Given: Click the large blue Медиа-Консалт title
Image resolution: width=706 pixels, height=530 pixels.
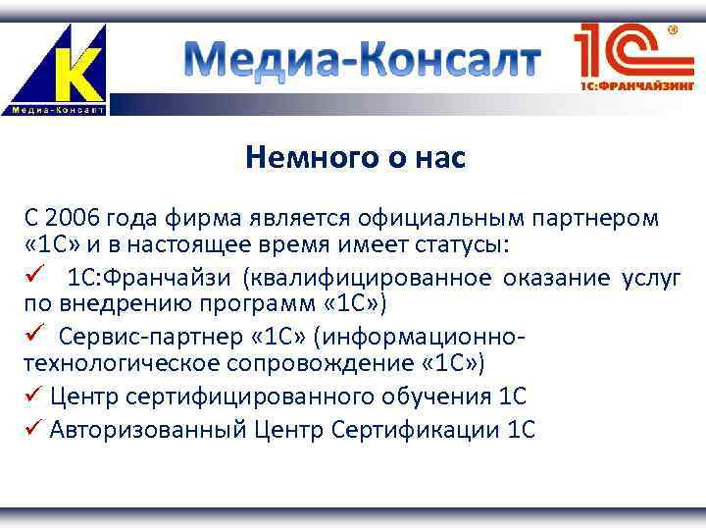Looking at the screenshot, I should (364, 62).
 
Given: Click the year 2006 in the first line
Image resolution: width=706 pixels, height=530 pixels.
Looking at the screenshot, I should (72, 216).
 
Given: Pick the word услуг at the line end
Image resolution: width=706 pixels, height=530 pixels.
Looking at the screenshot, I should (650, 279).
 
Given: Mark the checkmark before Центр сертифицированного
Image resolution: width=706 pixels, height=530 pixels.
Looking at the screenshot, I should (31, 397).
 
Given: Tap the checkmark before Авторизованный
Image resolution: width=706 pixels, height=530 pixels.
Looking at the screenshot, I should (31, 430).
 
